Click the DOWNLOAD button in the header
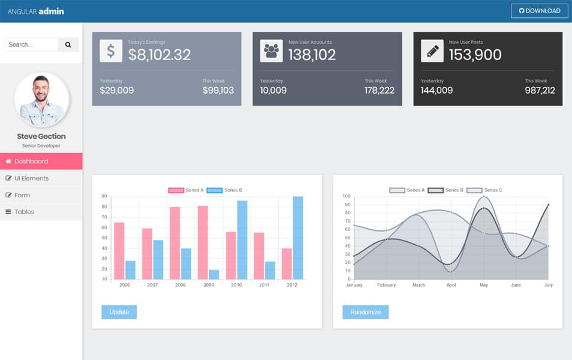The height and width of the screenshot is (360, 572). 539,11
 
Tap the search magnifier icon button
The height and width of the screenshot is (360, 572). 68,44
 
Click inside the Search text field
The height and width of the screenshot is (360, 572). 31,44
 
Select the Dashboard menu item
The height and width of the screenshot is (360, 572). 41,161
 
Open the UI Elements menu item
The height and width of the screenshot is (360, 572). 41,178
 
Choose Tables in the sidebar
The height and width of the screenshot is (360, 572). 41,212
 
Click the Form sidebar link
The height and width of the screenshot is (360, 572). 41,195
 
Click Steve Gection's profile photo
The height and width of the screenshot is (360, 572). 41,100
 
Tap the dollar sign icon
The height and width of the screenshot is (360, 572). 111,51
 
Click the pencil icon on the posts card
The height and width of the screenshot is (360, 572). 432,51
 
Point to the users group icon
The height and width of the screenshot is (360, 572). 272,51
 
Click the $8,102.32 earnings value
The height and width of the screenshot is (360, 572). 159,55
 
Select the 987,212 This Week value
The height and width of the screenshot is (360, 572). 540,91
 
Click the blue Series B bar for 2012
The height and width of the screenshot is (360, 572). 298,238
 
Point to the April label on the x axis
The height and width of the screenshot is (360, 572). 451,285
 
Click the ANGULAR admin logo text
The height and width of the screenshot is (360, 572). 35,11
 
